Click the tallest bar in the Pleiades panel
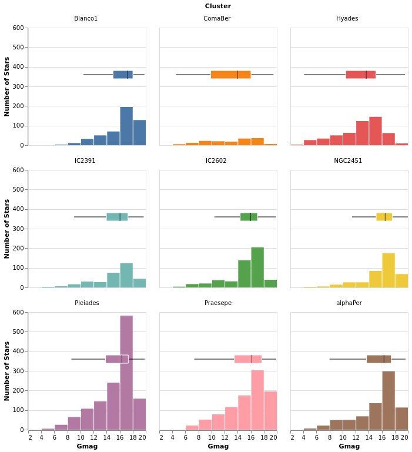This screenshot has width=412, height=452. [x=126, y=373]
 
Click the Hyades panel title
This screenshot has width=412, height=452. [x=347, y=19]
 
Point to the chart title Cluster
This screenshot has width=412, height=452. [x=217, y=6]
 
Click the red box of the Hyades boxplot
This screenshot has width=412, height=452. [x=360, y=75]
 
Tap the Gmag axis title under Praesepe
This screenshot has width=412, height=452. [x=218, y=446]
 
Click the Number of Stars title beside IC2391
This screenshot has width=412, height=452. [x=7, y=229]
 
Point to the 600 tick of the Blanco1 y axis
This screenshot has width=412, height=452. [x=18, y=28]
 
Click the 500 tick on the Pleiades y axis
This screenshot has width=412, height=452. [x=18, y=332]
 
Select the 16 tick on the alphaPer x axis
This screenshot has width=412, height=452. [x=382, y=437]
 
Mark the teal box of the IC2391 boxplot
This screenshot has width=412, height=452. [x=117, y=217]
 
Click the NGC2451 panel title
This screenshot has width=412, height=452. [x=348, y=161]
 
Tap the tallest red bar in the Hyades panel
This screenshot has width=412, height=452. [x=376, y=131]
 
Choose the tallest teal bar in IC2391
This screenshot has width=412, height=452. [x=126, y=275]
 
